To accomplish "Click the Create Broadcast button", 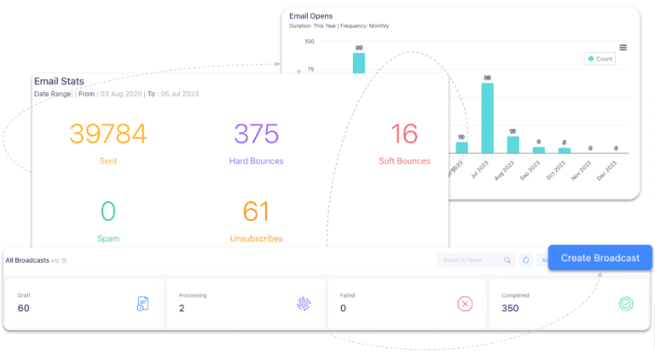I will (x=600, y=258).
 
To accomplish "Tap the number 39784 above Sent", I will (x=107, y=134).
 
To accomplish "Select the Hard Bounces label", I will (x=256, y=160).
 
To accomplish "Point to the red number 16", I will (x=404, y=134).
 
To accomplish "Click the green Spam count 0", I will (x=107, y=212).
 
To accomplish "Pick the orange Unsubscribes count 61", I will (x=256, y=212).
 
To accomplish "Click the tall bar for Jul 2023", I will (x=487, y=118).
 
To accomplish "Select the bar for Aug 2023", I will (x=513, y=144).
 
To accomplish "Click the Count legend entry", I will (x=600, y=59).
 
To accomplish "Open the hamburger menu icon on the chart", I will (x=623, y=47).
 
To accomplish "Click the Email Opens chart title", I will (x=311, y=16).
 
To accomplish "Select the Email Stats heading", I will (x=59, y=81).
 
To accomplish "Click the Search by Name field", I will (x=469, y=260).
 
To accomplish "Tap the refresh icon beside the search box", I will (x=526, y=260).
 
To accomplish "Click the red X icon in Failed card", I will (x=465, y=304).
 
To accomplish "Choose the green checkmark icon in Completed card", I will (x=626, y=304).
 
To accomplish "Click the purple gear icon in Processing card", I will (x=304, y=304).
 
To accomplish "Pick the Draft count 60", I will (x=24, y=309).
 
